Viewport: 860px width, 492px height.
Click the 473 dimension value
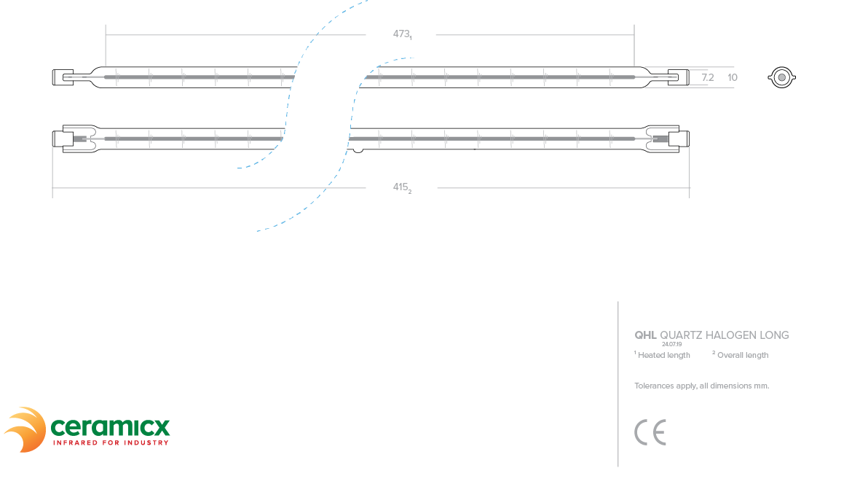pos(401,34)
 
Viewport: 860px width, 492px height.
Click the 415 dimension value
pos(401,187)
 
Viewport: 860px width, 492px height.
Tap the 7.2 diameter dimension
pos(707,77)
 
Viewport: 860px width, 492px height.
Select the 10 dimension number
pos(733,77)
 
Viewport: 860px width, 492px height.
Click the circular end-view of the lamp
pos(781,77)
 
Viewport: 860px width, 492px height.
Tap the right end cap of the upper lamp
pos(678,77)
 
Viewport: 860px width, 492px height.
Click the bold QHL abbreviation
pos(645,335)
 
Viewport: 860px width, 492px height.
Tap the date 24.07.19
pos(671,344)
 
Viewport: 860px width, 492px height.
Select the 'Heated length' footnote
pos(663,355)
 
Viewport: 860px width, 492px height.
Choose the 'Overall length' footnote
pos(742,355)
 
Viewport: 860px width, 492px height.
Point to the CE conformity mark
pos(650,432)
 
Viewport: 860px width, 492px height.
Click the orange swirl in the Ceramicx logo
pos(26,429)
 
